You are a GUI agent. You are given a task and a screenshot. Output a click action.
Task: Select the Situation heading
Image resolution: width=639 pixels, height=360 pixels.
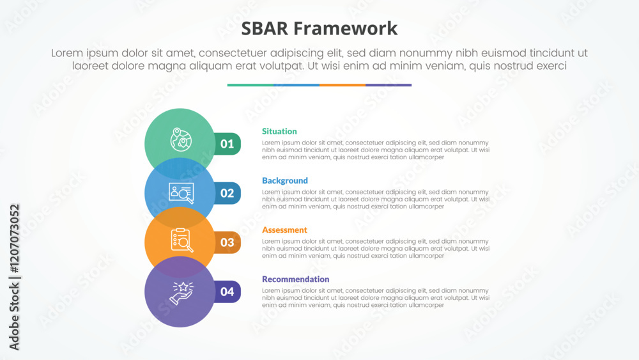279,131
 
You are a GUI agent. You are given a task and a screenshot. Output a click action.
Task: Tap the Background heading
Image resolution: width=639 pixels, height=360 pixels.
284,180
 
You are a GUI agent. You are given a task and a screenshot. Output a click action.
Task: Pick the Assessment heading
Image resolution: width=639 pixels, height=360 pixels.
284,230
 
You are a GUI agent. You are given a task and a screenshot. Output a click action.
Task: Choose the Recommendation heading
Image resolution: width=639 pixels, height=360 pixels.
295,279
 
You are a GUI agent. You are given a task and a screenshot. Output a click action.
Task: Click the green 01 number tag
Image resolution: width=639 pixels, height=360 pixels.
227,144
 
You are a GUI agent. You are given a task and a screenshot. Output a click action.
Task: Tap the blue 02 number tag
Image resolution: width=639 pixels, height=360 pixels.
227,193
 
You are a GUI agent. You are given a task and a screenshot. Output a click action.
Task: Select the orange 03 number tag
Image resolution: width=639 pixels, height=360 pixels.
227,242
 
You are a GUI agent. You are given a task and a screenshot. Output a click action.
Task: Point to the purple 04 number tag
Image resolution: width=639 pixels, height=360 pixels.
227,292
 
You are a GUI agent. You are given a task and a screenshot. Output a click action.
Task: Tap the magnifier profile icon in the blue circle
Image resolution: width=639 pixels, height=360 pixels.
181,192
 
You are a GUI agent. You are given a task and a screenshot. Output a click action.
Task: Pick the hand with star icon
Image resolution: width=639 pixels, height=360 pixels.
181,292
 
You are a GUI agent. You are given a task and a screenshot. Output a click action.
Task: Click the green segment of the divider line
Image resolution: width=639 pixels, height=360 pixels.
250,84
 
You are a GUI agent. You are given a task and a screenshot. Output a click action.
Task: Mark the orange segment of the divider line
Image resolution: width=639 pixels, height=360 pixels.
342,84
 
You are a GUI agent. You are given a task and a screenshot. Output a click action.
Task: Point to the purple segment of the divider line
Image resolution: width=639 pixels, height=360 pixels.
389,84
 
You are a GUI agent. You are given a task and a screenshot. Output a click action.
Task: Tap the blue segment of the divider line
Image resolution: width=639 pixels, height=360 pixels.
296,84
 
